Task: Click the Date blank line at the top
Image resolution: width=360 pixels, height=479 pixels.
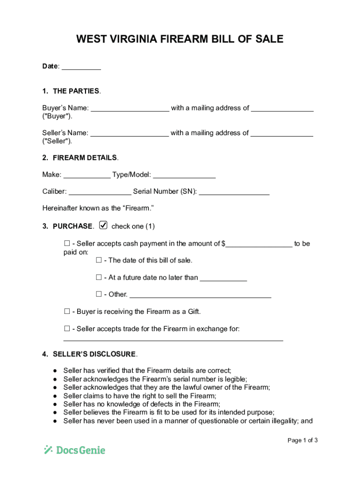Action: [81, 67]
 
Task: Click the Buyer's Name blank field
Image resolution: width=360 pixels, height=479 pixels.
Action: [130, 109]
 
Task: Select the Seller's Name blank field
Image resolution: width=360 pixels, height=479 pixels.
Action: [130, 133]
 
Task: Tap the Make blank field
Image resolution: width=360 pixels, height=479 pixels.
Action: [87, 175]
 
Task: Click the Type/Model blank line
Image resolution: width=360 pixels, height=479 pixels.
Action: [184, 175]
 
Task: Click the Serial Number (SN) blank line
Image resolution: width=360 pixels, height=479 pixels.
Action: [234, 192]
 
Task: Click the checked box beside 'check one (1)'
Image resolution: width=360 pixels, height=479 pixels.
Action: [103, 225]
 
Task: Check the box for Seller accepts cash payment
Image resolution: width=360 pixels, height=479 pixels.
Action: [66, 244]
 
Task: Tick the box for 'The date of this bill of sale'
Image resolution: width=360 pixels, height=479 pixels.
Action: [99, 260]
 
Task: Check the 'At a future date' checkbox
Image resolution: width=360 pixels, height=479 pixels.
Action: [99, 277]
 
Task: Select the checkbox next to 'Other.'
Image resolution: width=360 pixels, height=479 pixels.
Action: [99, 294]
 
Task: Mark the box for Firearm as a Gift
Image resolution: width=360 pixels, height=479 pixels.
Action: [66, 312]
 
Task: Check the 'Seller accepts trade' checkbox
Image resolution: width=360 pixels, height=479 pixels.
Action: [66, 329]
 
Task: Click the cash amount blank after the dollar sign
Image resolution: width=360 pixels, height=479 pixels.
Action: [259, 244]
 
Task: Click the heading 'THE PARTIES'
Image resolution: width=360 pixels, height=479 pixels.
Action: [76, 91]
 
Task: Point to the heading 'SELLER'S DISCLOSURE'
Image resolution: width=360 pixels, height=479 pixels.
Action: [94, 354]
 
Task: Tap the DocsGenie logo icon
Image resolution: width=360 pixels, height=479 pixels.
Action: [48, 450]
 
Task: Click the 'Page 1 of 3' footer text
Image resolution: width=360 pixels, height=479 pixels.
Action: [303, 440]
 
